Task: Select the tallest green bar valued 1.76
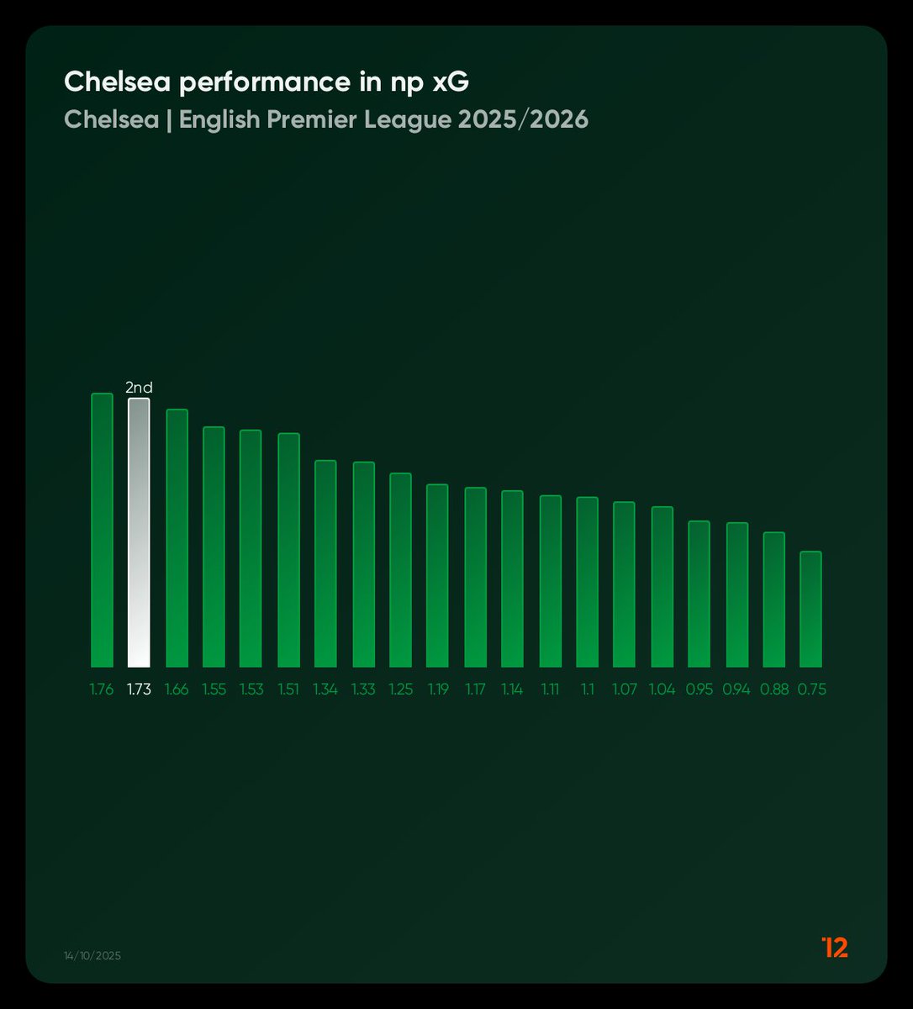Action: (x=102, y=530)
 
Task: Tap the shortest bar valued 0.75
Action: (x=810, y=609)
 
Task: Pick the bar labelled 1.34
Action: (x=325, y=563)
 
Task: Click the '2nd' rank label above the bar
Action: (x=139, y=388)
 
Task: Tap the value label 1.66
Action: (x=177, y=689)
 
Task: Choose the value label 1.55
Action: (x=214, y=689)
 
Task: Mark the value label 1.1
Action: (x=587, y=689)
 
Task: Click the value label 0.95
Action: (x=699, y=689)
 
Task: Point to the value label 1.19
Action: (x=437, y=689)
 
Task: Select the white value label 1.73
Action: (x=139, y=689)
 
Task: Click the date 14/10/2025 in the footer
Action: (x=92, y=956)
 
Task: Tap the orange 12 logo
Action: (x=835, y=947)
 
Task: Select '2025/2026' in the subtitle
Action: (x=523, y=119)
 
